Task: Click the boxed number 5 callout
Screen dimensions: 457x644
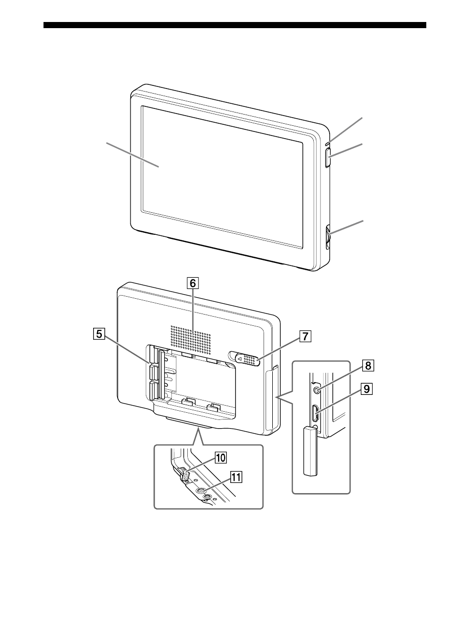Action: tap(99, 334)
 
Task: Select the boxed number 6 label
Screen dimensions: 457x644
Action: tap(192, 283)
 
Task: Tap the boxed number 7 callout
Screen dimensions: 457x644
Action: tap(305, 336)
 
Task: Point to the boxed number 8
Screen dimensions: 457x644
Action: tap(368, 366)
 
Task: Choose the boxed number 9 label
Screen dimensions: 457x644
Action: tap(367, 389)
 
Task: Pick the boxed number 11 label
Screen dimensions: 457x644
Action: tap(236, 478)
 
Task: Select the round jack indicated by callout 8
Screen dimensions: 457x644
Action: tap(317, 390)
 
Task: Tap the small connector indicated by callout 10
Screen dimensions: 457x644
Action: tap(185, 476)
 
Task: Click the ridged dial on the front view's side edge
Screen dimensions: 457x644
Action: tap(328, 237)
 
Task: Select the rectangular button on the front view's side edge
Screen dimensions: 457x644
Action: tap(329, 158)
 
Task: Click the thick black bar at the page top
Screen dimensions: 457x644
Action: tap(235, 25)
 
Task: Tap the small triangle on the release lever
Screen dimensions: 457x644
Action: tap(240, 359)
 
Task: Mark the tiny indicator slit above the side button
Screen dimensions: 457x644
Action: tap(329, 142)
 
